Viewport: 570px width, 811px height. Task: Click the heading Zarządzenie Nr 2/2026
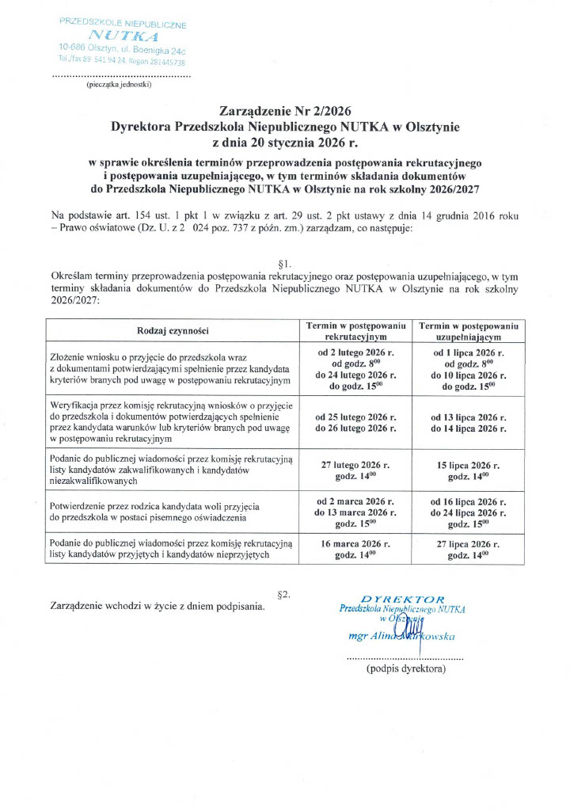(x=285, y=111)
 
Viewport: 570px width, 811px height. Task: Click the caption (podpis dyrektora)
(x=405, y=669)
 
